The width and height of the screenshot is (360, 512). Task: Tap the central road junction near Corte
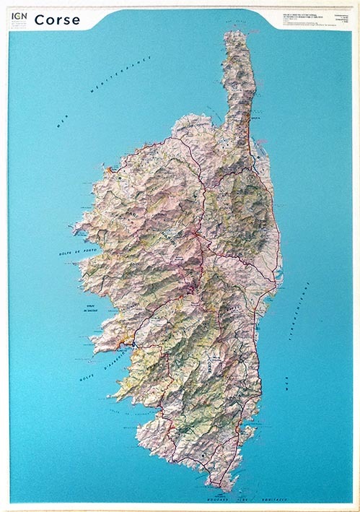[196, 235]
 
